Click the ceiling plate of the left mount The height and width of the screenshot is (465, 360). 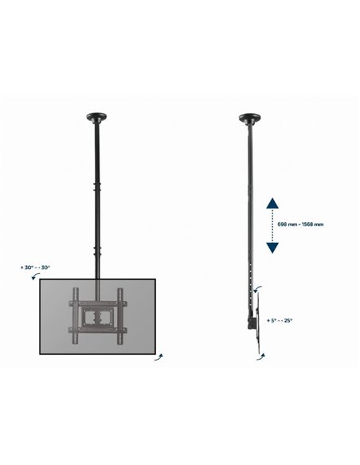pos(96,117)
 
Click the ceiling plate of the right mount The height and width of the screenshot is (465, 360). pos(250,118)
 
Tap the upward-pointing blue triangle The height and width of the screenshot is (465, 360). pos(272,203)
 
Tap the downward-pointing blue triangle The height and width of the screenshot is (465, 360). pos(272,248)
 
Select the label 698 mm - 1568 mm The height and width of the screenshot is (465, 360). pos(300,225)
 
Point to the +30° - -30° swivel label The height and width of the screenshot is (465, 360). pos(35,268)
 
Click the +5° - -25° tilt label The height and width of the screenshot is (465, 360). pos(280,320)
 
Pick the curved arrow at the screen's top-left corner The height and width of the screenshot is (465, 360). pos(35,276)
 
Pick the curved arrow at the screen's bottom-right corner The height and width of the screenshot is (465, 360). pos(159,357)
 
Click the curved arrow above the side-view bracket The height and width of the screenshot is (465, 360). pos(257,289)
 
